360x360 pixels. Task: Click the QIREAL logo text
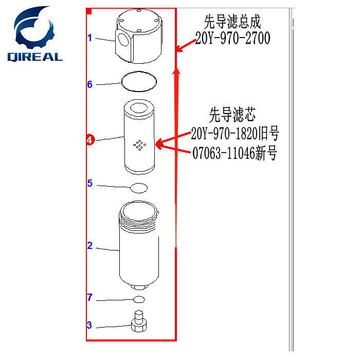34,57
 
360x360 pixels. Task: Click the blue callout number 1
89,38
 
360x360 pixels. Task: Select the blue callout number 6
89,84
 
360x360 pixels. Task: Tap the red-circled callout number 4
90,139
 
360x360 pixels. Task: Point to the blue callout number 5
89,183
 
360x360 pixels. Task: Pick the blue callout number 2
89,246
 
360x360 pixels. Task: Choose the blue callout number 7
89,297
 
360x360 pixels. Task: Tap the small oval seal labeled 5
139,188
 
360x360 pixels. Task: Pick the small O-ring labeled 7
139,299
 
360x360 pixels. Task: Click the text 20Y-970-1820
229,135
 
